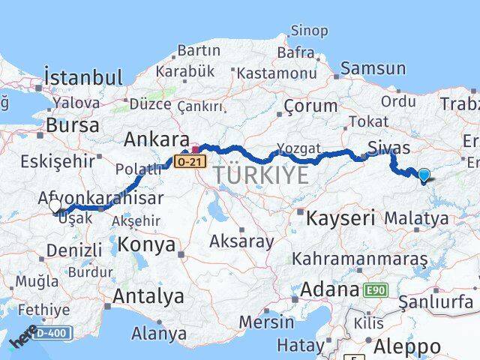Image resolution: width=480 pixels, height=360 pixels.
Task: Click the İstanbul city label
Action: (x=82, y=77)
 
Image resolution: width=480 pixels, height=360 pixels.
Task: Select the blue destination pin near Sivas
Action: (x=424, y=175)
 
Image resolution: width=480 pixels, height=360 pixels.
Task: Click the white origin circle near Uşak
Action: (x=55, y=205)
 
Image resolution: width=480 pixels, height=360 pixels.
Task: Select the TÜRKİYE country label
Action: (x=260, y=176)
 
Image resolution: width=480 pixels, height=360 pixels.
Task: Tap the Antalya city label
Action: (x=148, y=296)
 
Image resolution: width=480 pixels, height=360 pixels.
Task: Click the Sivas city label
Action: (x=388, y=145)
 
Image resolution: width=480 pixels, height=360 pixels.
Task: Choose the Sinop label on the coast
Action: (x=308, y=31)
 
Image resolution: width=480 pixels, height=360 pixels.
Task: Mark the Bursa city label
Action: (x=72, y=125)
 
